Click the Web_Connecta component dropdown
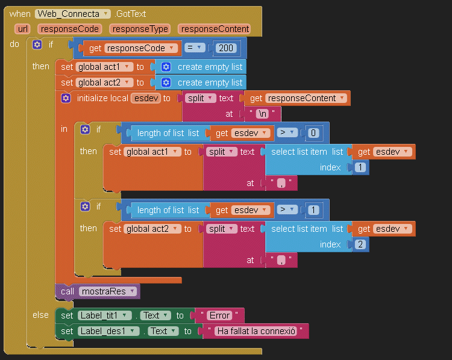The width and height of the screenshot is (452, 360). coord(73,14)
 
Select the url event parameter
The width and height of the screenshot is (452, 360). coord(22,29)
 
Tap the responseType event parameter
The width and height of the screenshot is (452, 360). coord(140,29)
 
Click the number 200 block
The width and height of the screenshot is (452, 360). coord(226,48)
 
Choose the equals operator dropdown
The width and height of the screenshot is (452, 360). coord(194,47)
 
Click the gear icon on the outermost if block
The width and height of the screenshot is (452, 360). coord(37,45)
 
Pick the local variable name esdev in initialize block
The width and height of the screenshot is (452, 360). coord(146,98)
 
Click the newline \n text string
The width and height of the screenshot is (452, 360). coord(262,114)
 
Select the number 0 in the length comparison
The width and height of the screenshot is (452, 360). coord(313,133)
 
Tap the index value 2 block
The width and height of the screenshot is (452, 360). coord(360,244)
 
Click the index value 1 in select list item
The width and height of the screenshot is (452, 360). coord(360,167)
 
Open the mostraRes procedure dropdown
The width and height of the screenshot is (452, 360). coord(107,291)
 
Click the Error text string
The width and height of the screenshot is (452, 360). coord(219,315)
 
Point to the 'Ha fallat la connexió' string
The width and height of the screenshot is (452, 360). coord(256,331)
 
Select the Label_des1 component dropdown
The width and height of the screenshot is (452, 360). coord(108,331)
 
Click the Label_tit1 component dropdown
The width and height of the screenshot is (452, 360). coord(105,315)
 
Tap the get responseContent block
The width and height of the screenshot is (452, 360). coord(297,98)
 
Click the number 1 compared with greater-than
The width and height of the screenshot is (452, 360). coord(313,210)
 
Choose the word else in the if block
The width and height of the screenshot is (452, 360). coord(40,315)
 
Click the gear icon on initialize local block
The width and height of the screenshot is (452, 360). coord(66,98)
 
